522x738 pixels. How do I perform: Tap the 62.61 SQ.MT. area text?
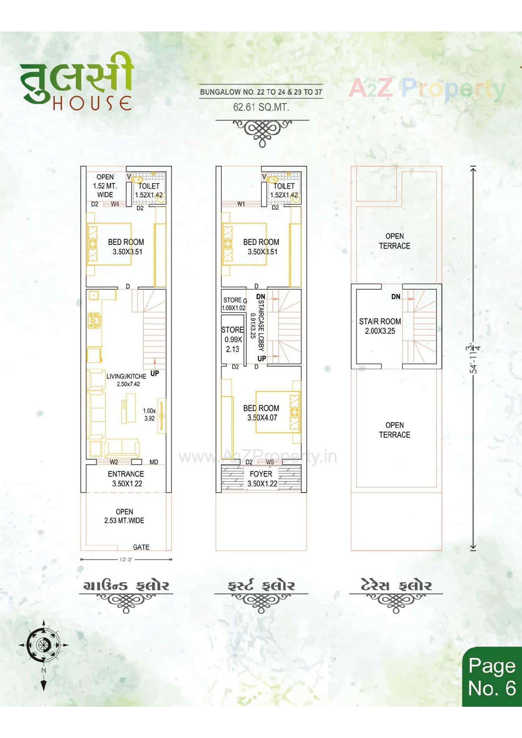261,107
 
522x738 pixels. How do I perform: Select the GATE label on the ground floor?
141,547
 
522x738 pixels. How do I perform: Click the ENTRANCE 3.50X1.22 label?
126,479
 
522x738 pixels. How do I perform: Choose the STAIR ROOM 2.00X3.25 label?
380,326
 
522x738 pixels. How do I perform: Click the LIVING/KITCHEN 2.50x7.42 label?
126,380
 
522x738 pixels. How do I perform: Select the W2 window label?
114,462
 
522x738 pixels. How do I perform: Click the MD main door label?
154,462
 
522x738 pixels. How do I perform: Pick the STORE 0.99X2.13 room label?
232,339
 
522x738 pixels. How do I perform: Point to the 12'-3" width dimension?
126,560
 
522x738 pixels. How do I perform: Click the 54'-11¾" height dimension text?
475,358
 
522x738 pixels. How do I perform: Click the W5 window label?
270,462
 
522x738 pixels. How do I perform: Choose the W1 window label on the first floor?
241,204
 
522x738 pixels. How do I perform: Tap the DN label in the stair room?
396,296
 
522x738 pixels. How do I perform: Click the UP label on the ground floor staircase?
155,373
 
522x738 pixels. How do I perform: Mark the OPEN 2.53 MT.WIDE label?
124,516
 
